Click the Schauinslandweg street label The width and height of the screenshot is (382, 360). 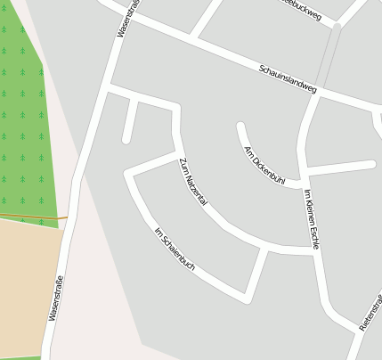click(288, 79)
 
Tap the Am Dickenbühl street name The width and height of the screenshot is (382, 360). click(264, 165)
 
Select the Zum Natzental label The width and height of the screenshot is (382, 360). click(193, 182)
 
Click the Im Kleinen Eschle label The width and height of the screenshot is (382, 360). click(311, 219)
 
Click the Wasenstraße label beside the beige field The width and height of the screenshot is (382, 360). click(55, 299)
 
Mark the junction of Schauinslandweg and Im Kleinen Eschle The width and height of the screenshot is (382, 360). click(319, 91)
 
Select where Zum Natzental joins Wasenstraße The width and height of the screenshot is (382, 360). click(109, 89)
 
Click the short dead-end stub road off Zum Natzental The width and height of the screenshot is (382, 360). click(129, 120)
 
